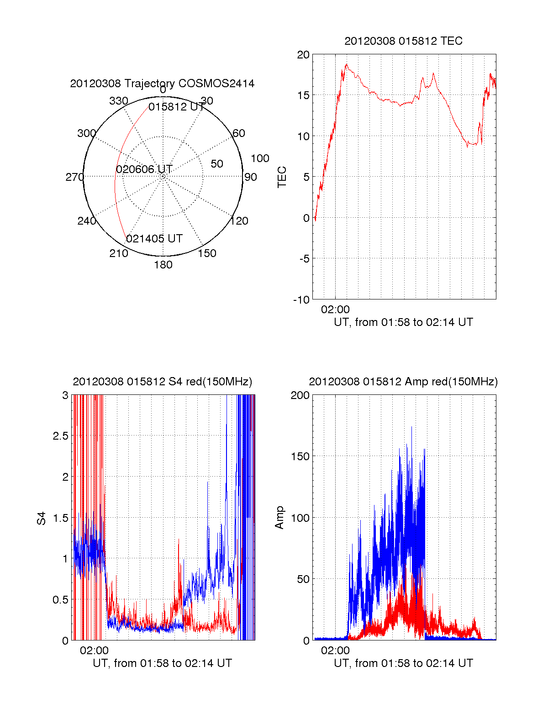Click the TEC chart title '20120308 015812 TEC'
point(403,41)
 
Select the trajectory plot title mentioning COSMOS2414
point(162,84)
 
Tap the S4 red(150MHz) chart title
point(162,382)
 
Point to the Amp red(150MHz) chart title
point(403,382)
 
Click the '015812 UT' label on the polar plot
point(176,107)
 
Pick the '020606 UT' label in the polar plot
point(144,169)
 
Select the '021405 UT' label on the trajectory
point(154,239)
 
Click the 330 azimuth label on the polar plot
point(119,101)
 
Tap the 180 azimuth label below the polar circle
point(163,265)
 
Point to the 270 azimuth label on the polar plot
point(74,177)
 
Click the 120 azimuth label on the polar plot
point(239,221)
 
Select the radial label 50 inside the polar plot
point(217,164)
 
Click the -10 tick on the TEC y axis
point(301,300)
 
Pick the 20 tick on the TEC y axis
point(303,55)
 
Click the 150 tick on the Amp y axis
point(300,457)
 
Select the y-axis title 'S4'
point(42,518)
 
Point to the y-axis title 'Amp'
point(279,518)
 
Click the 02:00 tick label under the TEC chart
point(335,310)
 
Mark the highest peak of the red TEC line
point(347,64)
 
